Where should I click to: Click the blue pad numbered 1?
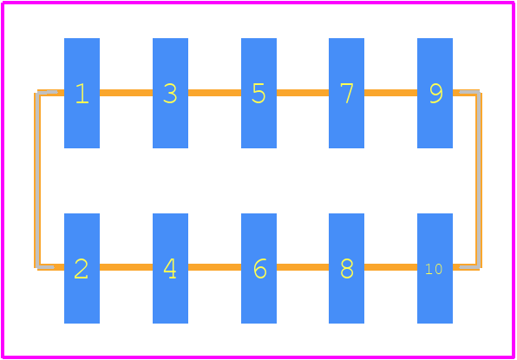82,93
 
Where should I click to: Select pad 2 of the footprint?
82,268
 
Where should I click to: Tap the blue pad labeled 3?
170,93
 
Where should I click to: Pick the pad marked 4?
170,268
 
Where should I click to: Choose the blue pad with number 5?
258,93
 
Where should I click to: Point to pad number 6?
258,268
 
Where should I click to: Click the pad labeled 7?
346,93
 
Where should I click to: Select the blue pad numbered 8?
346,268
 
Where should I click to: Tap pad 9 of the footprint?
435,93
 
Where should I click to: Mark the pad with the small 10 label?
435,268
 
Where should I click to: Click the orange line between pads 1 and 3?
126,93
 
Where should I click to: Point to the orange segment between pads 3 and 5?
214,93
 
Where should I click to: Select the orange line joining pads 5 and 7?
303,93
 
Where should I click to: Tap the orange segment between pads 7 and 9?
390,93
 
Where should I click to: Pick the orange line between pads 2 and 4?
126,267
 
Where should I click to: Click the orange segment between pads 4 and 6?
214,267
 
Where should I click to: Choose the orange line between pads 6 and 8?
303,267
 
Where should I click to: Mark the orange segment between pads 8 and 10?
390,267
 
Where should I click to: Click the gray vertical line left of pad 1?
38,180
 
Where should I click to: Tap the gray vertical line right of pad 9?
478,180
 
